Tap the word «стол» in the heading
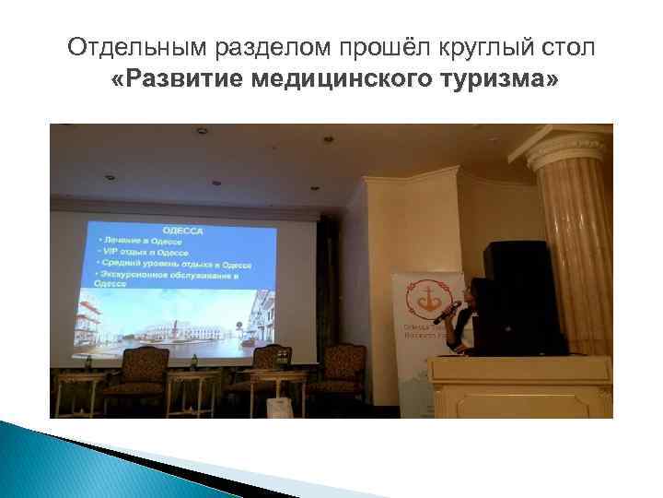(571, 47)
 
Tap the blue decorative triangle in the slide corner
(46, 461)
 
